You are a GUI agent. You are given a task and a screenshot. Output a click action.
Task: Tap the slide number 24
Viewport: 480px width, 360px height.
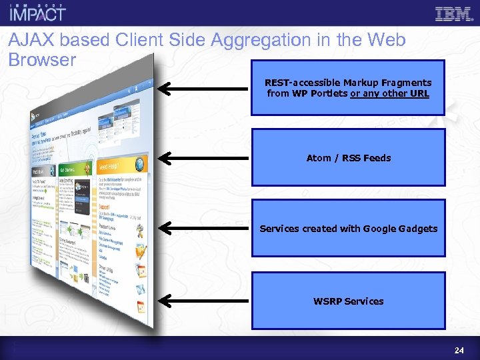(x=459, y=350)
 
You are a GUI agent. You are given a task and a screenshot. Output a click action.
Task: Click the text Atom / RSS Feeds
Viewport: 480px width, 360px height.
(x=348, y=158)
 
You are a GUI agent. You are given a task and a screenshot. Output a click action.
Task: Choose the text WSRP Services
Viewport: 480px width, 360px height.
(x=348, y=301)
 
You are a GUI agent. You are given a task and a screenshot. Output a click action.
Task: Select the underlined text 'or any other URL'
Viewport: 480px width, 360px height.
(x=389, y=93)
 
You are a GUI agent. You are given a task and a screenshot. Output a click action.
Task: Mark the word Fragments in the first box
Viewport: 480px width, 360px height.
(x=407, y=83)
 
